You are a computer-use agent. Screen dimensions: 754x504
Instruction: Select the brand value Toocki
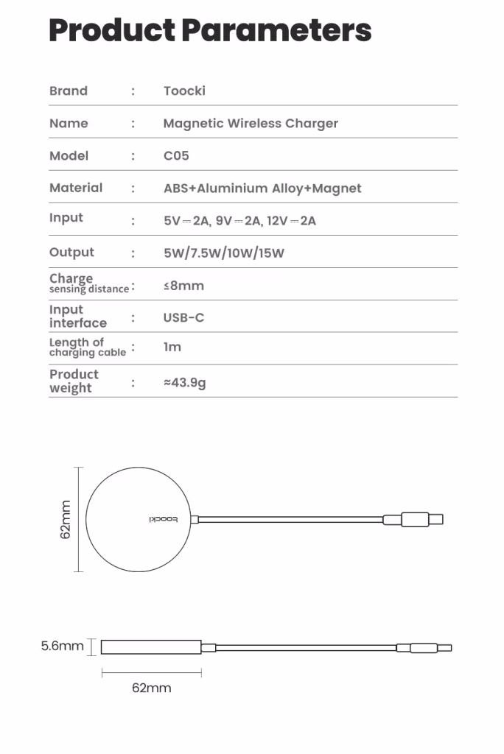(184, 91)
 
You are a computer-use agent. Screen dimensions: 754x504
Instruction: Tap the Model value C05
(176, 156)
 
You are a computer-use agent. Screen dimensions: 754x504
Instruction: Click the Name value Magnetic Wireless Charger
(251, 124)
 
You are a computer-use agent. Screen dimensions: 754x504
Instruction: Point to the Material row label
(76, 188)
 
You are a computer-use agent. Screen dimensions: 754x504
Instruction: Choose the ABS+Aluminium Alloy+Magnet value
(262, 188)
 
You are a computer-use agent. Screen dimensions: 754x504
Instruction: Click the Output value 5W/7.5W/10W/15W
(224, 253)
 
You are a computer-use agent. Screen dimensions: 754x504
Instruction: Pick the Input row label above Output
(66, 218)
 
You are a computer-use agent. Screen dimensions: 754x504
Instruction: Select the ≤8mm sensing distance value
(183, 286)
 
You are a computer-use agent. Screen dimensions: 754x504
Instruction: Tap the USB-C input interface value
(183, 318)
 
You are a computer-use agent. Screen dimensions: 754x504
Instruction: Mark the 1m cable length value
(172, 347)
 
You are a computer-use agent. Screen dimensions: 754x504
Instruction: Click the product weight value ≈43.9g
(184, 383)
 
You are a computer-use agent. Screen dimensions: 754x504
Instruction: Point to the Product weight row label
(74, 381)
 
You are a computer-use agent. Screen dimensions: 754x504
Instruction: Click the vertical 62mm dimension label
(66, 520)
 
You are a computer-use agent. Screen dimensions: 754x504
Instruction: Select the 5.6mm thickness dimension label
(62, 646)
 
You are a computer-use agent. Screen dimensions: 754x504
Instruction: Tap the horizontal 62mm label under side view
(151, 688)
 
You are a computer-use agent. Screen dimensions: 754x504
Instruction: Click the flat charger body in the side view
(151, 647)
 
